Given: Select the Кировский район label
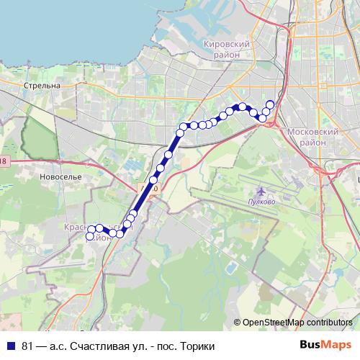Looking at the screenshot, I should [x=226, y=50].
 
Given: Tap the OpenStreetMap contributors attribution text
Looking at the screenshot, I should [x=298, y=322].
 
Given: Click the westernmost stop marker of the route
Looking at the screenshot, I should [x=91, y=235].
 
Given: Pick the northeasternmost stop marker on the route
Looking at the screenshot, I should [x=270, y=104].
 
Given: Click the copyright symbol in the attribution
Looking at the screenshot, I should [x=238, y=322].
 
